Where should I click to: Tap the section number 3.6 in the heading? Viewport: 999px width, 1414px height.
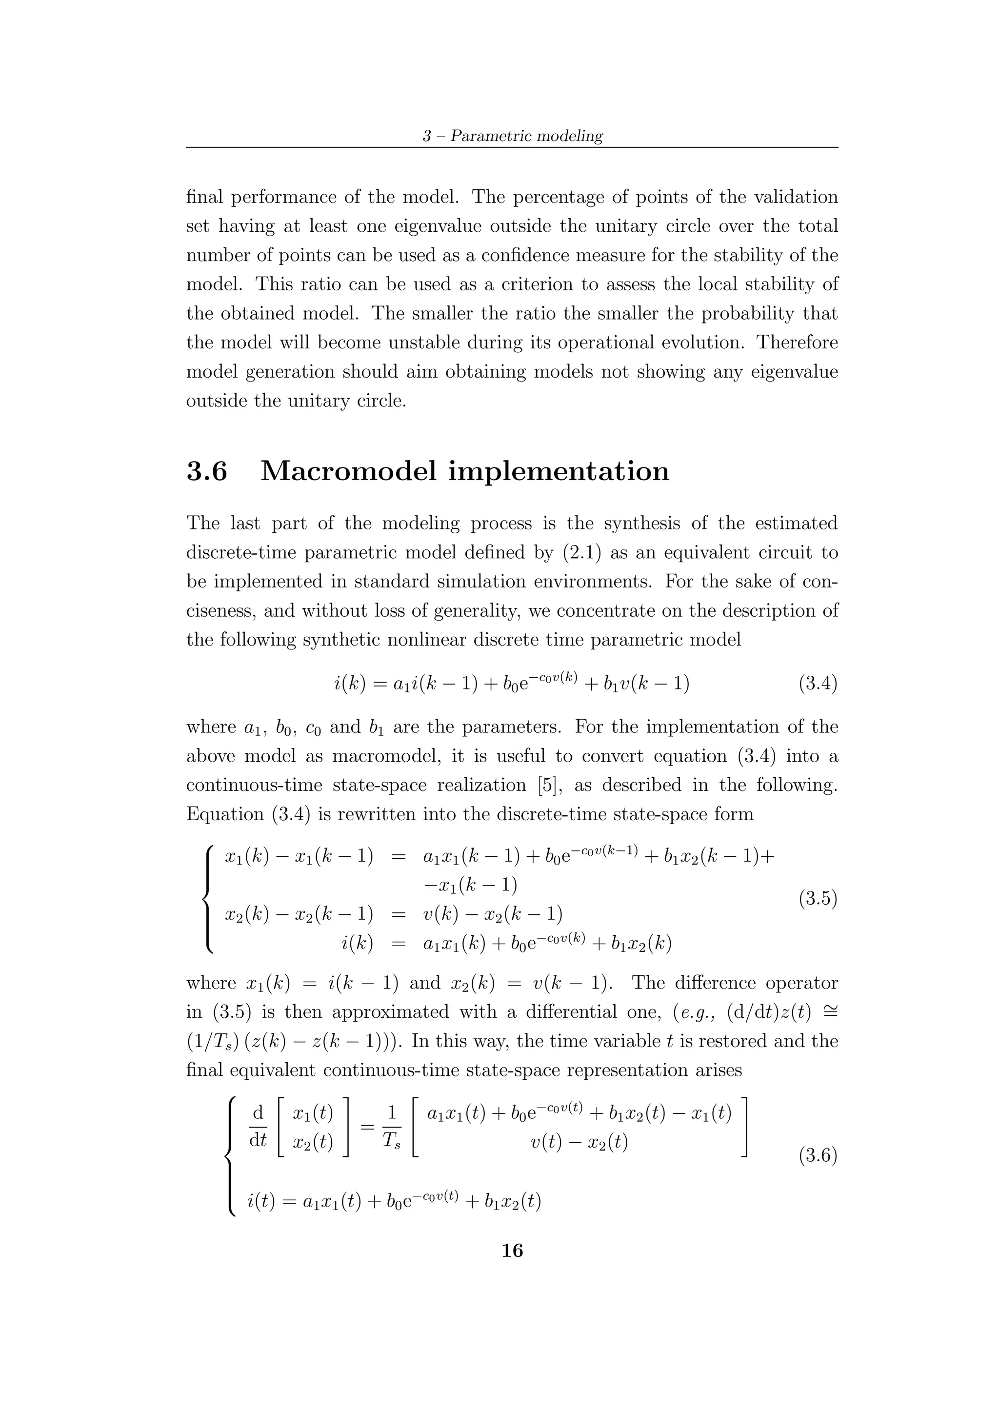[207, 471]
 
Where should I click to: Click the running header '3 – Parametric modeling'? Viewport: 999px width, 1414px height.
[512, 136]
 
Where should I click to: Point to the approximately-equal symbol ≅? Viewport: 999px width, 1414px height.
[829, 1012]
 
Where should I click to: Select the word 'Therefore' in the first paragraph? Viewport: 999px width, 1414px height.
[797, 343]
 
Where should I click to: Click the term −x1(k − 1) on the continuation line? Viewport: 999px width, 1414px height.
[470, 885]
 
